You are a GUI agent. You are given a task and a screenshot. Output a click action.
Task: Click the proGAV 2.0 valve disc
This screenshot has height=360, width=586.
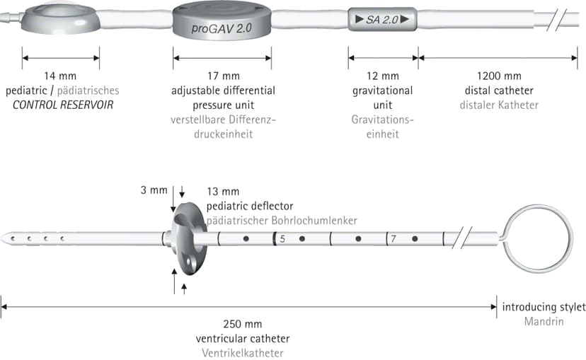point(222,22)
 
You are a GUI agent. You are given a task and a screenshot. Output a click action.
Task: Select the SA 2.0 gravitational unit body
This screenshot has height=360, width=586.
point(382,19)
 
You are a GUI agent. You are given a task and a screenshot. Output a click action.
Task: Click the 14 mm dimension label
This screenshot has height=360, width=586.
point(60,76)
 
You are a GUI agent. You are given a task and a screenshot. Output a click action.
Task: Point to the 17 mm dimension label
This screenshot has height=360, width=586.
point(224,76)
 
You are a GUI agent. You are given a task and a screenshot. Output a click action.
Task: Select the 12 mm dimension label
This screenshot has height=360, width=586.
point(383,76)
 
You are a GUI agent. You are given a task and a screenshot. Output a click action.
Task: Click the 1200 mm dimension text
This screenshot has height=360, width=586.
point(499,76)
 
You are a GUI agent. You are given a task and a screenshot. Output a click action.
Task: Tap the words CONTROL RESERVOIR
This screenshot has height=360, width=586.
point(63,105)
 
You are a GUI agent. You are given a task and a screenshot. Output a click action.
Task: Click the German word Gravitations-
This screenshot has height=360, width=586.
point(383,120)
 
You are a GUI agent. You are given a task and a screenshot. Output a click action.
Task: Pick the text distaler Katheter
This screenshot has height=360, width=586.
point(499,105)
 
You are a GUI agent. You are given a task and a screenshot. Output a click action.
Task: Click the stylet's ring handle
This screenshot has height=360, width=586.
point(537,238)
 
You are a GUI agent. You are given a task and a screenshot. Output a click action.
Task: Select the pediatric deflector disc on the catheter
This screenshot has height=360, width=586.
point(189,239)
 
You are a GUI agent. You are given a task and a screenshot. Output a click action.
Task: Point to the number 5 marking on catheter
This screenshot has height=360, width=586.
point(282,239)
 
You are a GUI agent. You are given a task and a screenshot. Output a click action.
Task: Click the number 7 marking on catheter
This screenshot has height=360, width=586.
point(393,238)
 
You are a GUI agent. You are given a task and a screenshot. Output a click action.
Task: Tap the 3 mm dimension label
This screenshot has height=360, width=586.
point(154,190)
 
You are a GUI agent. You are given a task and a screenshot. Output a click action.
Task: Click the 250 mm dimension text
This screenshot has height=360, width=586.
point(243,324)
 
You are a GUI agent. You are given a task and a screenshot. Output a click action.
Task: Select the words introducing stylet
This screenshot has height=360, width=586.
point(544,308)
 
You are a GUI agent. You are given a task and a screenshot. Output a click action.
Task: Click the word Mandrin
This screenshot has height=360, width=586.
point(544,322)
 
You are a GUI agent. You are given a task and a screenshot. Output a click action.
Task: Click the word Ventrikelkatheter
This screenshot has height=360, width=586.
point(243,353)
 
